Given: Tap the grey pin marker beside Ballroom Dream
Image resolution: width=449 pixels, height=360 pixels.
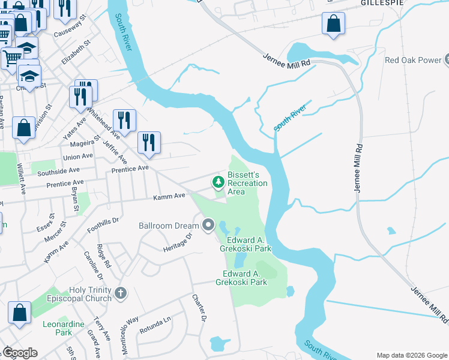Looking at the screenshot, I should tap(208, 226).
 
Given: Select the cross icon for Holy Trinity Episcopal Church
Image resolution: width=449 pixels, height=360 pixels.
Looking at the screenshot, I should tap(121, 293).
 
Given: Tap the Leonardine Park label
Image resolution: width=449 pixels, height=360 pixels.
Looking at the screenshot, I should tap(57, 328).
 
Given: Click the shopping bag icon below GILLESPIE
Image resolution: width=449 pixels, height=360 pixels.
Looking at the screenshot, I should tap(333, 25).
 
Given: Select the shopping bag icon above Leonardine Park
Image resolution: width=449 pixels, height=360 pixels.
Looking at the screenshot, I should tap(20, 313).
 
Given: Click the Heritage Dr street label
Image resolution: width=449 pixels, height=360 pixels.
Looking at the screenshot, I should tap(178, 242).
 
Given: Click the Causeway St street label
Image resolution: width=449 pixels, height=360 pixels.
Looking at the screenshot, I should tap(70, 31).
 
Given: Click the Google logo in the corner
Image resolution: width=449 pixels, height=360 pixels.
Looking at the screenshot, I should tap(20, 353).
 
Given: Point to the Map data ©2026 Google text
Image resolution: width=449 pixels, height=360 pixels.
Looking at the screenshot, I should tap(411, 355).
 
